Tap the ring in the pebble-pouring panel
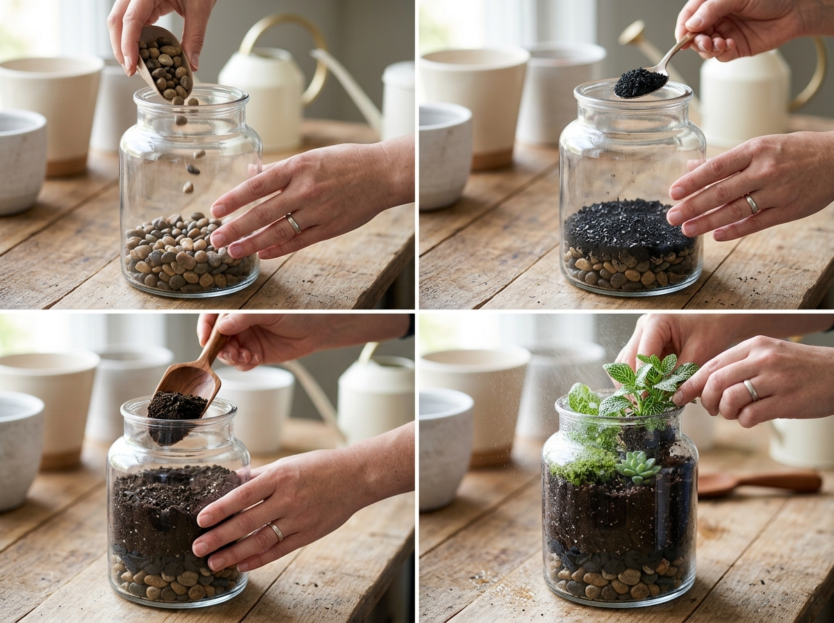293,224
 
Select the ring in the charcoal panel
751,204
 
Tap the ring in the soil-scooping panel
276,532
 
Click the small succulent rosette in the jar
637,466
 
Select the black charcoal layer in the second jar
629,226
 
